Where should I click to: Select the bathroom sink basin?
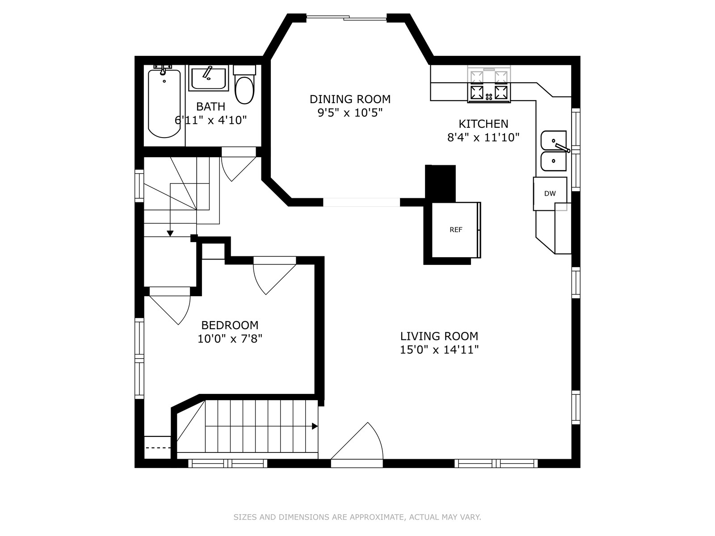pyautogui.click(x=209, y=78)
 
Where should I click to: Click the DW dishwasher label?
pyautogui.click(x=550, y=193)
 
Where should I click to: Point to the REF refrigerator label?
pyautogui.click(x=456, y=230)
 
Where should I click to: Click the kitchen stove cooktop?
pyautogui.click(x=489, y=84)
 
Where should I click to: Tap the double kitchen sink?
pyautogui.click(x=554, y=151)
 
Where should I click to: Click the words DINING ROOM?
pyautogui.click(x=350, y=99)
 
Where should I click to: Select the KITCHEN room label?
pyautogui.click(x=484, y=124)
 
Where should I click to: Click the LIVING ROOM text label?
pyautogui.click(x=439, y=336)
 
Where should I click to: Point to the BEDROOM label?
pyautogui.click(x=230, y=325)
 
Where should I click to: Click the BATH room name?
pyautogui.click(x=211, y=106)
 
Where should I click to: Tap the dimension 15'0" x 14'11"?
pyautogui.click(x=439, y=350)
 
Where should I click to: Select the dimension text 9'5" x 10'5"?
pyautogui.click(x=350, y=113)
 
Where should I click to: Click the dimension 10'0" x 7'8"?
pyautogui.click(x=230, y=339)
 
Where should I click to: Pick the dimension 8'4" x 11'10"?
pyautogui.click(x=483, y=137)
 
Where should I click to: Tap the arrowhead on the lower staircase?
pyautogui.click(x=315, y=426)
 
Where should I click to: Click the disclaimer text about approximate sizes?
pyautogui.click(x=357, y=517)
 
